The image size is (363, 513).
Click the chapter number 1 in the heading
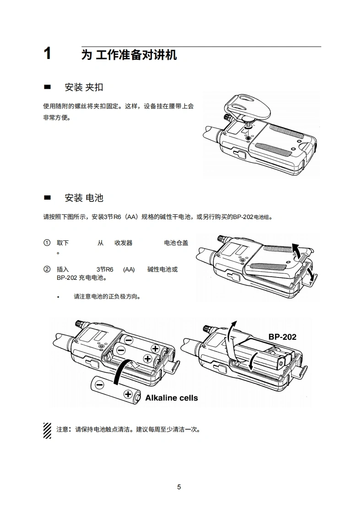pos(47,54)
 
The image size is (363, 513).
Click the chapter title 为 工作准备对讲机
pos(129,55)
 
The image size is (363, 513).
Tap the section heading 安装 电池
pos(84,198)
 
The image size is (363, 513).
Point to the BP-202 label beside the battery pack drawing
pos(282,337)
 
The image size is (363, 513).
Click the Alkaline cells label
pos(172,398)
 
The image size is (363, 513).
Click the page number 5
pos(179,487)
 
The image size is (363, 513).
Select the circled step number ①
pos(46,243)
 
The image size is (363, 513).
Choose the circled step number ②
pos(46,269)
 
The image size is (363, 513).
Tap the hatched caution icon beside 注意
pos(47,430)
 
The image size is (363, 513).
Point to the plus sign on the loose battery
pos(128,394)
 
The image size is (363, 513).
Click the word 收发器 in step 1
pos(124,243)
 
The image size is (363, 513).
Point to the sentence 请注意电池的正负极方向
pos(107,296)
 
